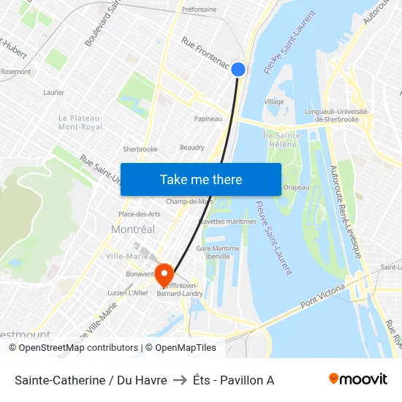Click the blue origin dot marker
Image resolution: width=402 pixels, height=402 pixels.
tap(238, 69)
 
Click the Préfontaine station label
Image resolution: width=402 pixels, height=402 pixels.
tap(199, 10)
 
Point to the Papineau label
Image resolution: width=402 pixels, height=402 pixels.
tap(208, 118)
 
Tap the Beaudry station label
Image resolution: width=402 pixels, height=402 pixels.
tap(192, 147)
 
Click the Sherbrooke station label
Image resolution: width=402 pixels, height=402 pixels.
tap(140, 149)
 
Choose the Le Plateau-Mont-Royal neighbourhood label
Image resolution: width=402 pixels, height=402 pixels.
tap(80, 122)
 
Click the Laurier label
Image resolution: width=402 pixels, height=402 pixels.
tap(54, 93)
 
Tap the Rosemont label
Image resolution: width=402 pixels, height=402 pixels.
tap(15, 72)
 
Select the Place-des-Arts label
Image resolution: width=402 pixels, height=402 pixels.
tap(139, 214)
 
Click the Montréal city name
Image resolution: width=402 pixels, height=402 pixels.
tap(133, 230)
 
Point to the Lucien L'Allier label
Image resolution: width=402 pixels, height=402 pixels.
tap(128, 293)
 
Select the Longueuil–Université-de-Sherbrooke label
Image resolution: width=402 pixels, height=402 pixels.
tap(336, 115)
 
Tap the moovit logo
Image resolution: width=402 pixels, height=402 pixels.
tap(357, 379)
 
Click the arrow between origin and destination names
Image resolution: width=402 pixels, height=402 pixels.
tap(180, 379)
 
